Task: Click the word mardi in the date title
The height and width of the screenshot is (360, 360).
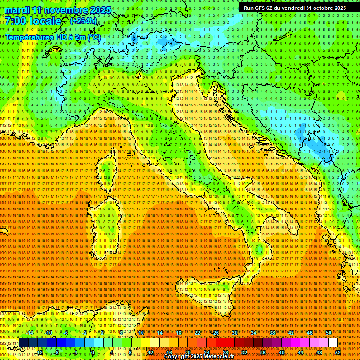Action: (x=17, y=10)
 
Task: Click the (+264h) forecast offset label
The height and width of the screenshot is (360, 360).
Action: (x=83, y=21)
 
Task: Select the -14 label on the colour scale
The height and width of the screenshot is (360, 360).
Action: (x=30, y=332)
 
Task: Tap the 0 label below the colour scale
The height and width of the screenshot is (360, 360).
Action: (x=93, y=352)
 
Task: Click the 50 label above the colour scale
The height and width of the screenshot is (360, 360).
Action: (x=329, y=332)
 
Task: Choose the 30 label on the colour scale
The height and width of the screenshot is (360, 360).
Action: (x=234, y=332)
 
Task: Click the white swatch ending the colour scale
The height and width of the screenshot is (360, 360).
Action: (x=333, y=342)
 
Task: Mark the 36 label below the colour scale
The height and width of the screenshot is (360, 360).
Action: (x=263, y=352)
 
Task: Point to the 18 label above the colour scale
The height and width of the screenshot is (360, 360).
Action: (x=178, y=332)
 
